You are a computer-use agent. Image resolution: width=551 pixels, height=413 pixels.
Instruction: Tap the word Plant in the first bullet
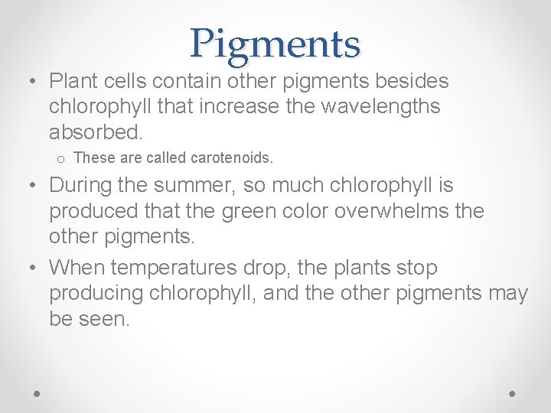pyautogui.click(x=71, y=80)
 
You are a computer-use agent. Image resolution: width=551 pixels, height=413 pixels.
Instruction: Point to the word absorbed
pyautogui.click(x=96, y=132)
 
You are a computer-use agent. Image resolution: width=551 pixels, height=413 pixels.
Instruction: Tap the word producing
pyautogui.click(x=96, y=294)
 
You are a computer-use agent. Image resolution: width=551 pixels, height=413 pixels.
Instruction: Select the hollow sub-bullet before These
pyautogui.click(x=59, y=159)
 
